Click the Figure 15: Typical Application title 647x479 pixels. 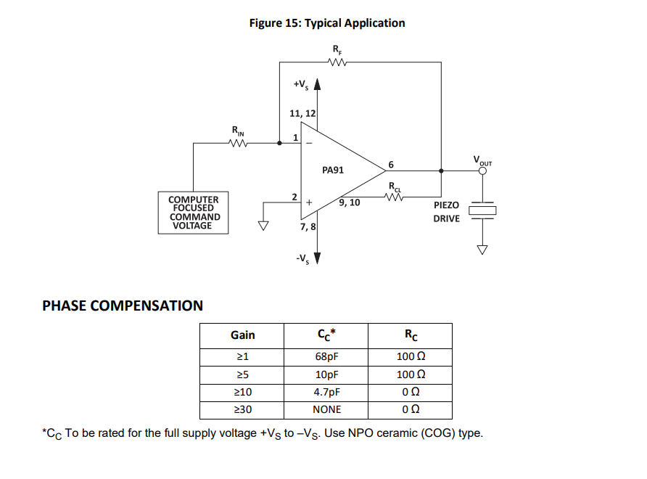tap(326, 23)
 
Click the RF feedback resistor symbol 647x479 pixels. tap(338, 62)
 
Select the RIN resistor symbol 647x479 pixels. tap(239, 143)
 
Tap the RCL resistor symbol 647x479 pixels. tap(395, 196)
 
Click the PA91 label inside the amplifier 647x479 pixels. tap(333, 170)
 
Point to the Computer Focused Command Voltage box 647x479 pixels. tap(193, 212)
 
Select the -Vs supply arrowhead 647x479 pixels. tap(316, 257)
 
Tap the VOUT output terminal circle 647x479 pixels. tap(482, 171)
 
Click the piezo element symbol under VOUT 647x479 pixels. tap(482, 210)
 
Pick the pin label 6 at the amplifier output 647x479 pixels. tap(391, 165)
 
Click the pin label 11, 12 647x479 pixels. tap(302, 114)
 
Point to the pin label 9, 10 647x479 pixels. tap(349, 202)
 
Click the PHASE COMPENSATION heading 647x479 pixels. tap(123, 306)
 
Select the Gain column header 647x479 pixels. tap(242, 335)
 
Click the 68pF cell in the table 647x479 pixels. tap(326, 356)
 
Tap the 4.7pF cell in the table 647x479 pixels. tap(326, 392)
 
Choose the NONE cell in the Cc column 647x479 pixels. tap(326, 409)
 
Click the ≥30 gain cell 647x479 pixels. tap(242, 409)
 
